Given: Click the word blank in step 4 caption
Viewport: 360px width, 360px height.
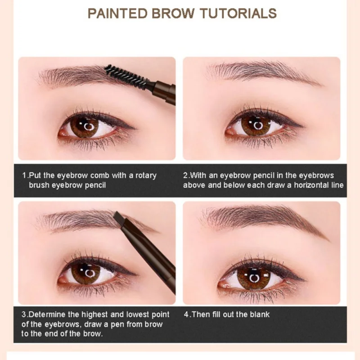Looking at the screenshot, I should (258, 314).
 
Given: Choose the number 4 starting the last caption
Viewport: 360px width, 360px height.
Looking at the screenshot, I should (186, 314).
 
